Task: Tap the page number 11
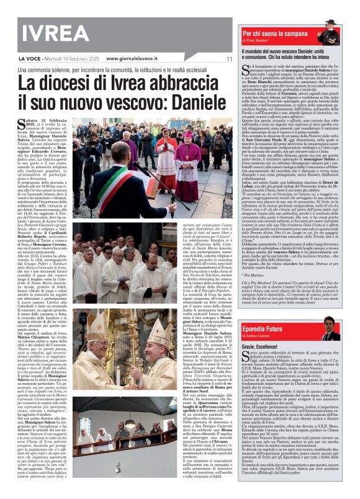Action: pyautogui.click(x=228, y=59)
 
